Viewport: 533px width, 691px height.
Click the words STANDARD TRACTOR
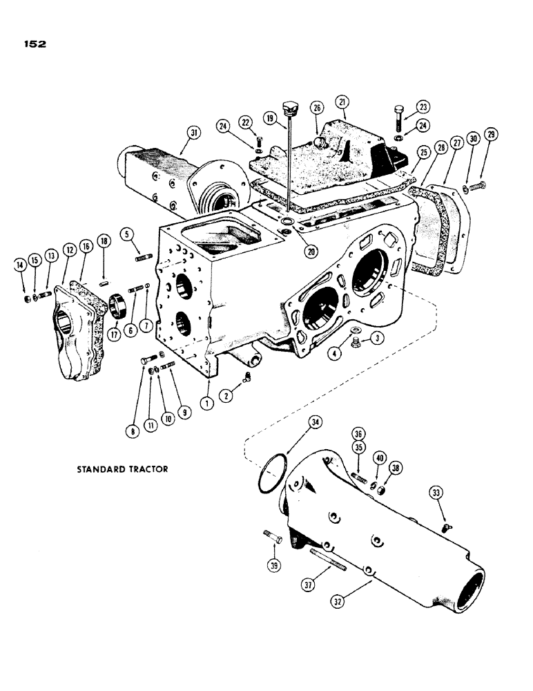(122, 468)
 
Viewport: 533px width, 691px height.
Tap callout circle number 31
(193, 133)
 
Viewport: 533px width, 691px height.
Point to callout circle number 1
(206, 404)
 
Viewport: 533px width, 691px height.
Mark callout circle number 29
(491, 133)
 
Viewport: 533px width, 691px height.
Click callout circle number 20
(311, 252)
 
